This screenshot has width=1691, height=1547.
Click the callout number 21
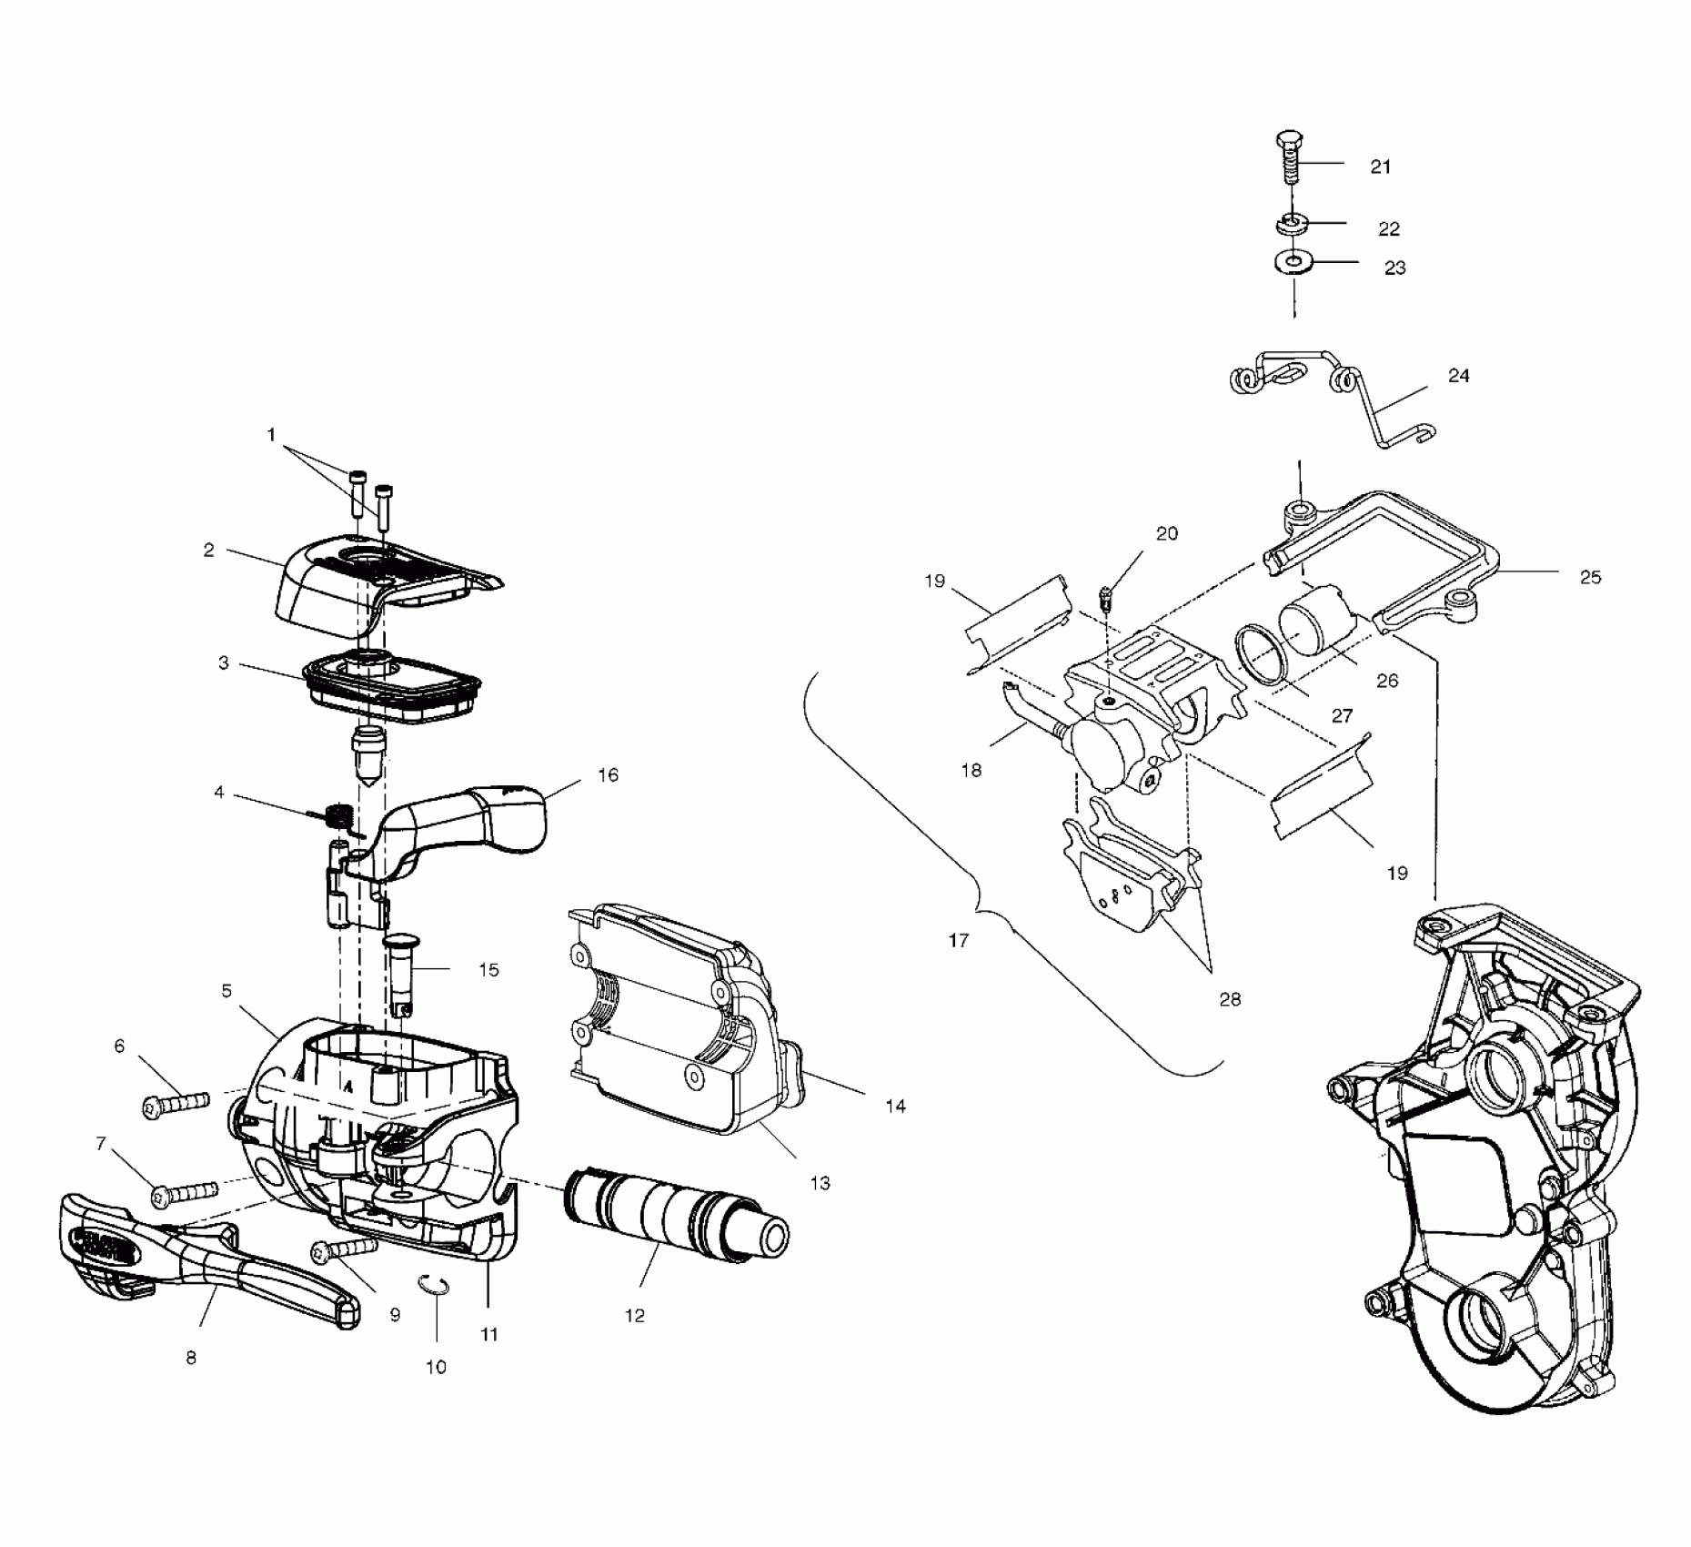(1381, 167)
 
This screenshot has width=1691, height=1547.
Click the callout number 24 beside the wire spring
(1458, 375)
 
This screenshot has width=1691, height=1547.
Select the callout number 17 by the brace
(959, 940)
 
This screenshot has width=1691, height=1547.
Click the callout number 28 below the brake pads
(1230, 999)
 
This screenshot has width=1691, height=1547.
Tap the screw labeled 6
(176, 1105)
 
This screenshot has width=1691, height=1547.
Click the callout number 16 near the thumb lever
(608, 774)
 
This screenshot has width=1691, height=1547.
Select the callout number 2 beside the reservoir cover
(209, 550)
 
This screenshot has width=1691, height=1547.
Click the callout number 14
(895, 1106)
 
